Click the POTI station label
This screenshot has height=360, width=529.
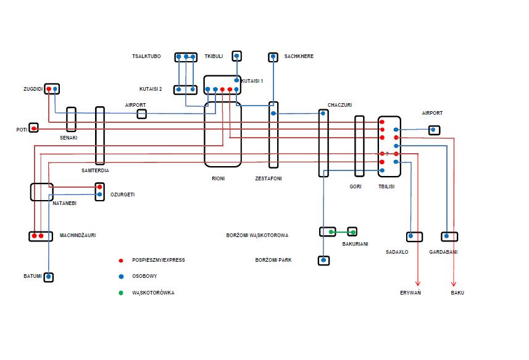(22, 130)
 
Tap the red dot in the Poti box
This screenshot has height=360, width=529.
(34, 128)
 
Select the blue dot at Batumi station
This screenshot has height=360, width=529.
(49, 277)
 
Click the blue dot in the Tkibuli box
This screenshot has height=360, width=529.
(236, 56)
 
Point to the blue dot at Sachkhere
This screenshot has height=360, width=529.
(273, 56)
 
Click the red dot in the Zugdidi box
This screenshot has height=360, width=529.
(49, 89)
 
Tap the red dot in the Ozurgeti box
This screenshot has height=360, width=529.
(99, 187)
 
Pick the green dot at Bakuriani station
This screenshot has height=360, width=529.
(353, 232)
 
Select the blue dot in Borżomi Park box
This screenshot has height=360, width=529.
(323, 260)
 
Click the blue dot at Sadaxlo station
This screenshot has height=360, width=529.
(410, 236)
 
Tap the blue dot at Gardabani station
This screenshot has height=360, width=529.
(446, 236)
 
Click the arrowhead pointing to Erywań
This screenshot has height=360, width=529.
(418, 284)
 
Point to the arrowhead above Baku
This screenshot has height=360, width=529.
(454, 284)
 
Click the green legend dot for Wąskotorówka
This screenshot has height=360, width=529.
(121, 293)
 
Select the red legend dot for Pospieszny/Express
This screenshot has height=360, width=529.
(121, 261)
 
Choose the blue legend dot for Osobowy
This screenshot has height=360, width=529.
(121, 277)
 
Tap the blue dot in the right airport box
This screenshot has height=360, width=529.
(433, 130)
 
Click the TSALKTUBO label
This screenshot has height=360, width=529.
(146, 56)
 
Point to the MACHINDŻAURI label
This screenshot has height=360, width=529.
(78, 235)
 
